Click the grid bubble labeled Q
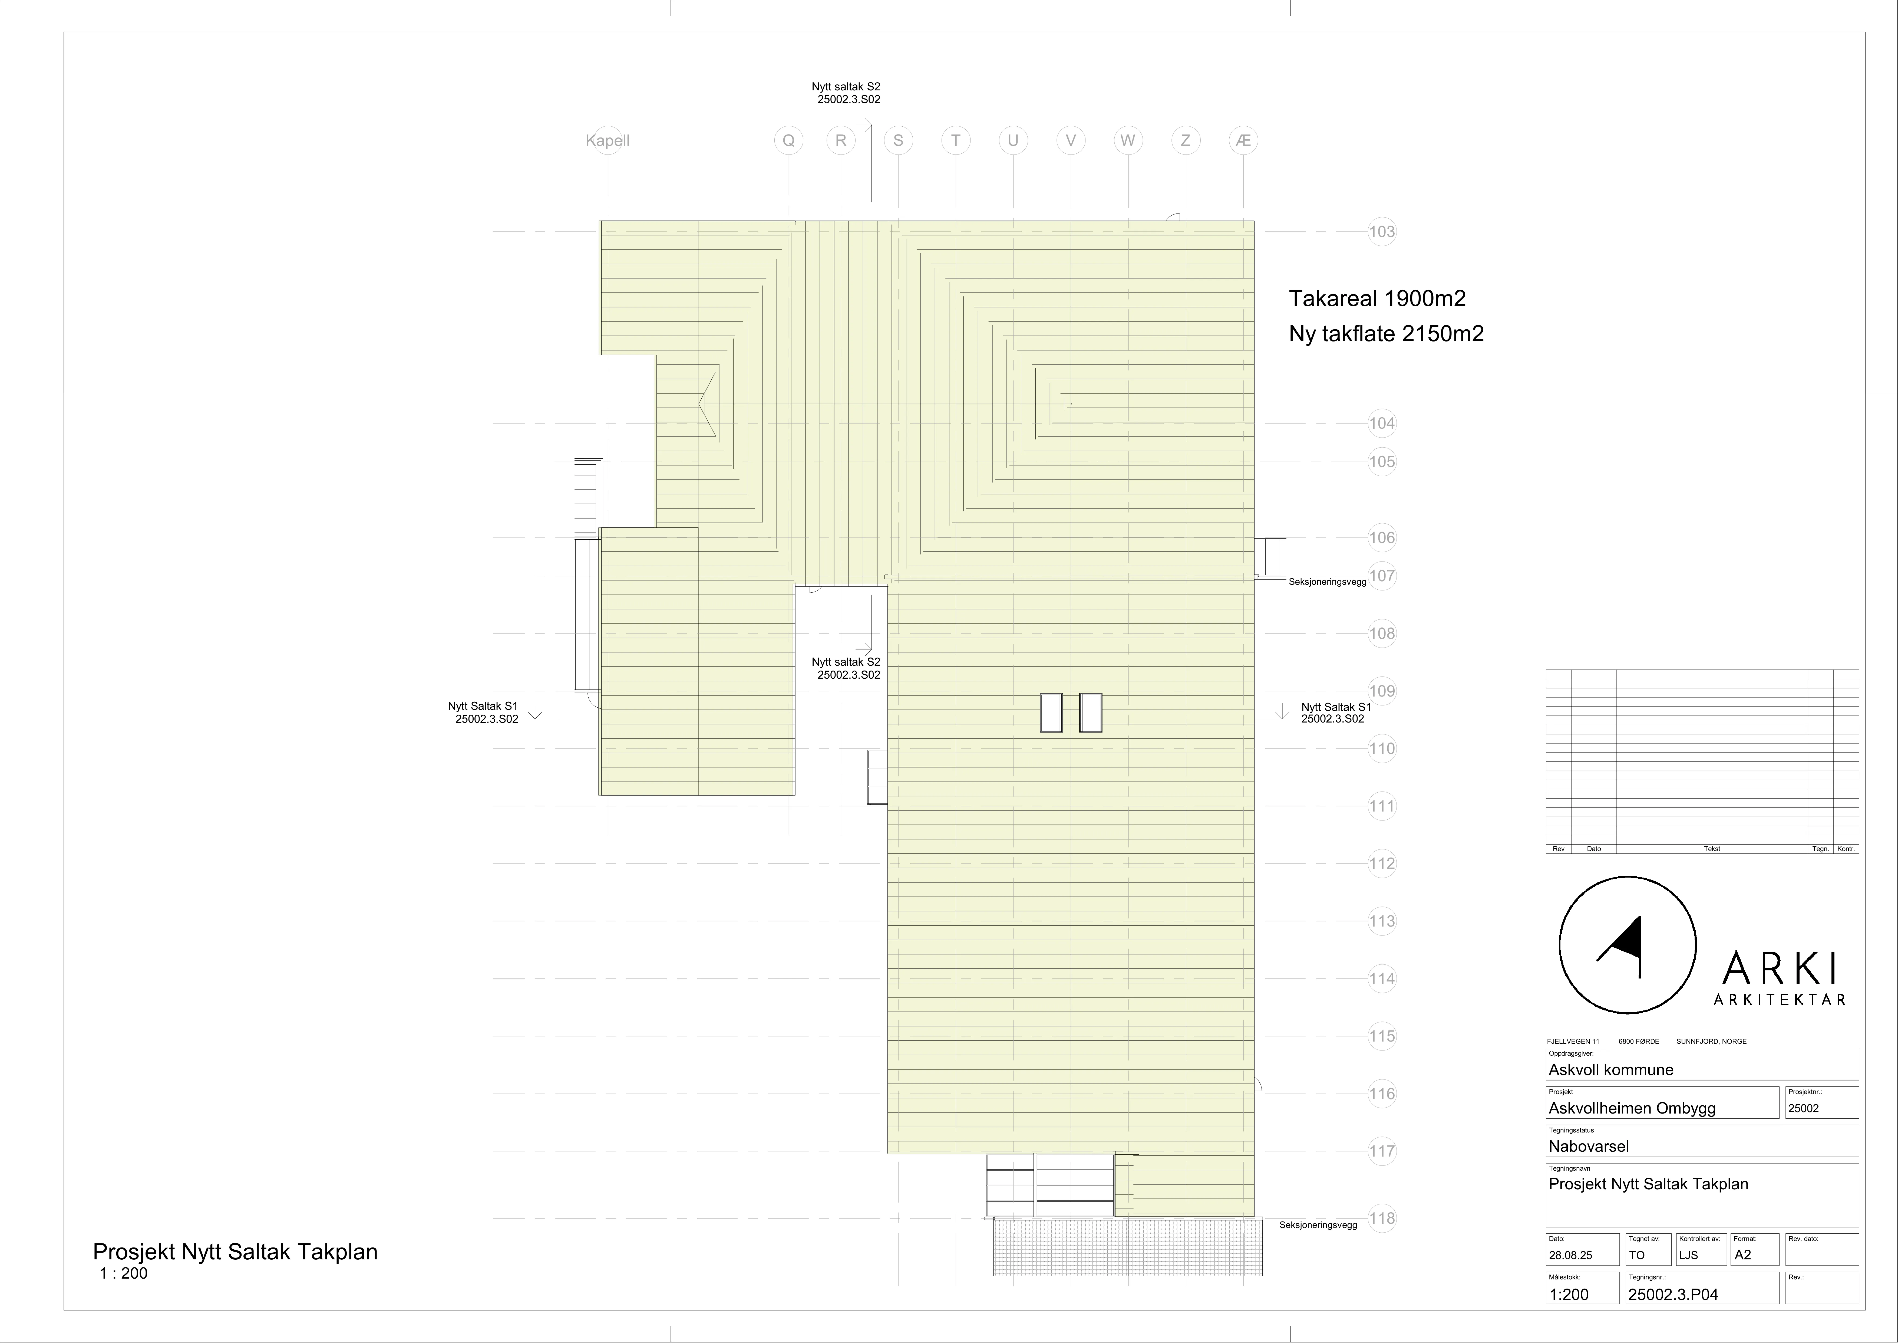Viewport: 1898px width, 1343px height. pos(789,141)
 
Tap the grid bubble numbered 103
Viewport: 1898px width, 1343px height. pos(1382,232)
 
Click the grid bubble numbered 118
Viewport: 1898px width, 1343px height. pos(1382,1218)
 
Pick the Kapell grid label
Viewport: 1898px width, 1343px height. pos(608,141)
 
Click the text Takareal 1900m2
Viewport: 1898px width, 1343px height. pos(1377,298)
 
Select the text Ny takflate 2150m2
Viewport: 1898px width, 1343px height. pos(1386,334)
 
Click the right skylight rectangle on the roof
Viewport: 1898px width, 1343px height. pos(1091,712)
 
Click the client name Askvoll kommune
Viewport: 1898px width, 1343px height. pos(1611,1070)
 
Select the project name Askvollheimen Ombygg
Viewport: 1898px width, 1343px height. pos(1633,1108)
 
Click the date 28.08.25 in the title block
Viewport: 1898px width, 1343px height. pos(1571,1255)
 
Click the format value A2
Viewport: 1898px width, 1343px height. pos(1742,1255)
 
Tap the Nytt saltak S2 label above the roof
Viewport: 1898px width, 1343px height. pos(846,86)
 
